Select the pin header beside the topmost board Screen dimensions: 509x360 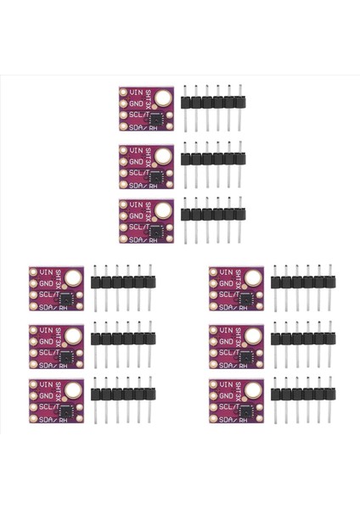212,102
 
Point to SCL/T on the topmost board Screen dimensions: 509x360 139,115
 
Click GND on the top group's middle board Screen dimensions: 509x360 138,160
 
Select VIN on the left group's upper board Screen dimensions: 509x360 48,272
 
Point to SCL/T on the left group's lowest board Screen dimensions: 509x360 49,408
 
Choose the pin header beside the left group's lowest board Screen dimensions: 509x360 122,395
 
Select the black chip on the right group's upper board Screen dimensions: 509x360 247,299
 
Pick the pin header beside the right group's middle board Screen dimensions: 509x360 302,339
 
